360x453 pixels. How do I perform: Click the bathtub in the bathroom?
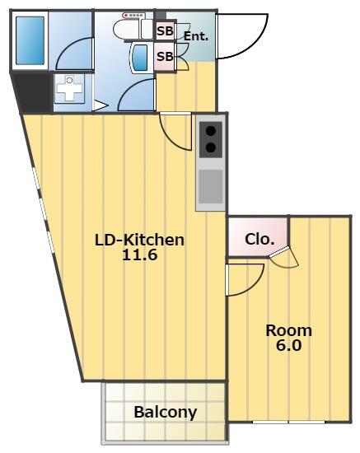tap(30, 40)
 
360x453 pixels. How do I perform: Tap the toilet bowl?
tap(128, 29)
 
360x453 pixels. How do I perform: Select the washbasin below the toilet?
tap(140, 58)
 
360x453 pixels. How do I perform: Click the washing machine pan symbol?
tap(69, 89)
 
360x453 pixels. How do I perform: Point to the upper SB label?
tap(165, 31)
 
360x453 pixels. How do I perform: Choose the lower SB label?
tap(165, 56)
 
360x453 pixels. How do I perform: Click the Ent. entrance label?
tap(196, 36)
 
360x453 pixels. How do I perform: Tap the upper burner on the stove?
tap(211, 131)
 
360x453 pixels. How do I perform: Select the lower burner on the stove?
tap(211, 147)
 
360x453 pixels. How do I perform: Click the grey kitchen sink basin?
tap(211, 186)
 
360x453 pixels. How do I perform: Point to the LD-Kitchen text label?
tap(139, 240)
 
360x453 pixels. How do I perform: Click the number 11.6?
tap(140, 255)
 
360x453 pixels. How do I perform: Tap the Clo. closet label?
tap(259, 239)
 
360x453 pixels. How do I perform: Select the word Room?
tap(288, 331)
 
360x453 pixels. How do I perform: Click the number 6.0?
tap(288, 345)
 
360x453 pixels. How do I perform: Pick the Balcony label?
tap(166, 413)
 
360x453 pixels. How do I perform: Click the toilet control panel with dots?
tap(133, 15)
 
